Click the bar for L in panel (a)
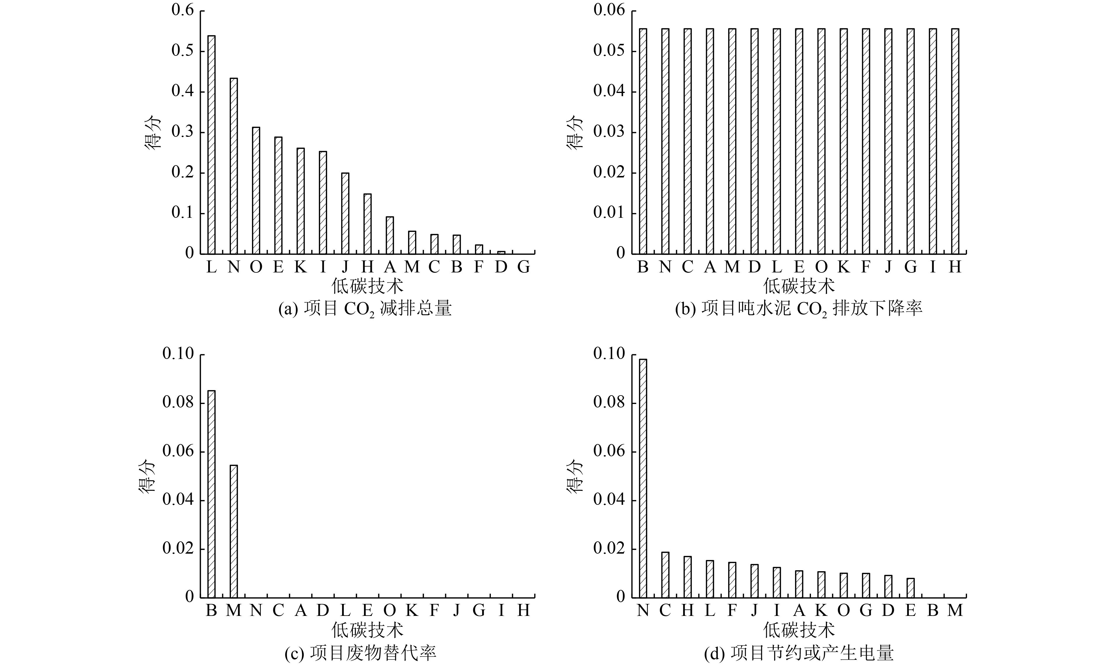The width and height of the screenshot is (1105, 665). tap(212, 144)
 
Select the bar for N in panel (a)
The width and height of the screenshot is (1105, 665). tap(234, 166)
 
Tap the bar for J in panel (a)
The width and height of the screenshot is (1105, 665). tap(345, 213)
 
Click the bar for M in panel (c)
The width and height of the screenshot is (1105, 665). tap(234, 531)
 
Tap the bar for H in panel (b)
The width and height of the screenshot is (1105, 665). tap(955, 141)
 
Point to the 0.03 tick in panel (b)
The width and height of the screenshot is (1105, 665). tap(609, 132)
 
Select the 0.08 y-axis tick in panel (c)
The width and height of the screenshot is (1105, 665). tap(178, 403)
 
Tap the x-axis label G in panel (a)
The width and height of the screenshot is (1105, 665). tap(523, 267)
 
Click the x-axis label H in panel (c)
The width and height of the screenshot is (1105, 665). tap(523, 610)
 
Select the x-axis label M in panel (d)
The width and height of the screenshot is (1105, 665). tap(955, 610)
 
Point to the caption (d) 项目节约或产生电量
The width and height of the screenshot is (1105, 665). tap(799, 653)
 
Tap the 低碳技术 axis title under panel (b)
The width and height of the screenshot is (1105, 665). tap(799, 286)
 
